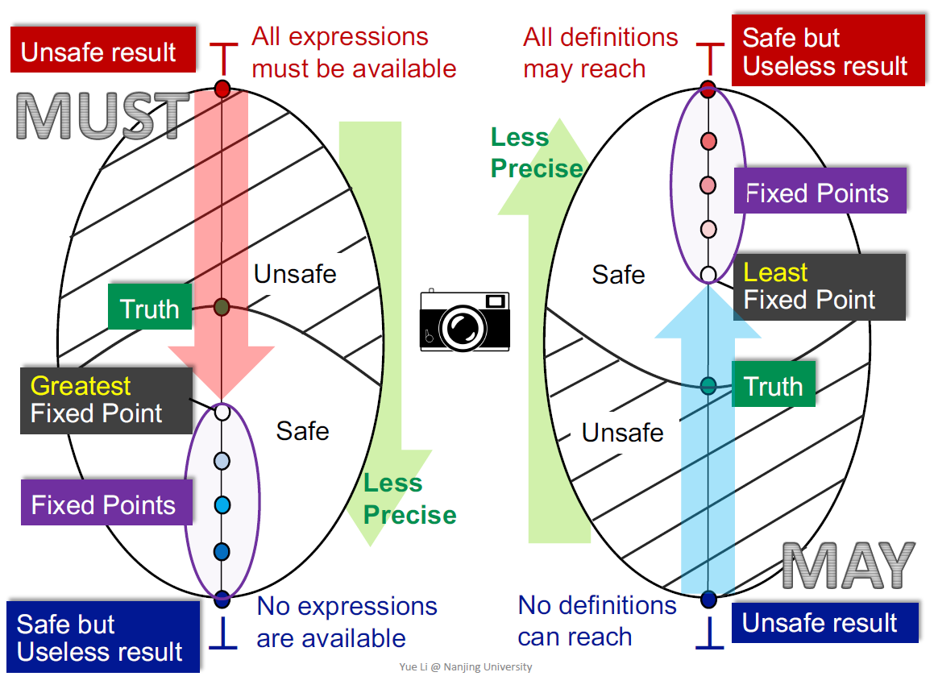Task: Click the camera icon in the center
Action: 465,320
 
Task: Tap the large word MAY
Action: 849,566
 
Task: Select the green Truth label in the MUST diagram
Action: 150,308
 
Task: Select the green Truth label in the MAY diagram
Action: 773,385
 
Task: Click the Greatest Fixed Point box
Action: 106,400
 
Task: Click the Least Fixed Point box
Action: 819,287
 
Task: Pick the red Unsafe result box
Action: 103,52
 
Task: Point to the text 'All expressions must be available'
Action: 354,52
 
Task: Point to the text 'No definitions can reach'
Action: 596,620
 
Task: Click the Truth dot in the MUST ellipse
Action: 223,307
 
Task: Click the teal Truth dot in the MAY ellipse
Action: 708,385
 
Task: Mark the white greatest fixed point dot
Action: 223,412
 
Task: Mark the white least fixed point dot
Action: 708,274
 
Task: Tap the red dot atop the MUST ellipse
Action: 223,89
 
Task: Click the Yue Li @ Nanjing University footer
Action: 466,667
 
